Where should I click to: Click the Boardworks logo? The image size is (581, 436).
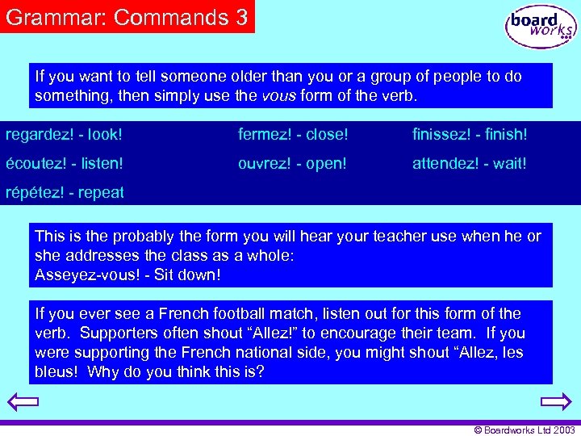(x=540, y=27)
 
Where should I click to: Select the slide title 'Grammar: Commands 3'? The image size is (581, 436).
(x=127, y=17)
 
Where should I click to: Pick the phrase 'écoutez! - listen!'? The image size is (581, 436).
(x=65, y=163)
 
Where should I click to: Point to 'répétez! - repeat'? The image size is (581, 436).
(x=65, y=193)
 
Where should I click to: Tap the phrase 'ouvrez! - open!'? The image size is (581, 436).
(x=292, y=163)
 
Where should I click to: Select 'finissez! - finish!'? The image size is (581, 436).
(x=469, y=134)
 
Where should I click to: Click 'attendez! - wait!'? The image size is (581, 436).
(x=469, y=163)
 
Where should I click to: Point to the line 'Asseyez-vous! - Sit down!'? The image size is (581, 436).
(x=127, y=274)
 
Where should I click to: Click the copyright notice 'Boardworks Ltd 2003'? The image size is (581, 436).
(x=525, y=430)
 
